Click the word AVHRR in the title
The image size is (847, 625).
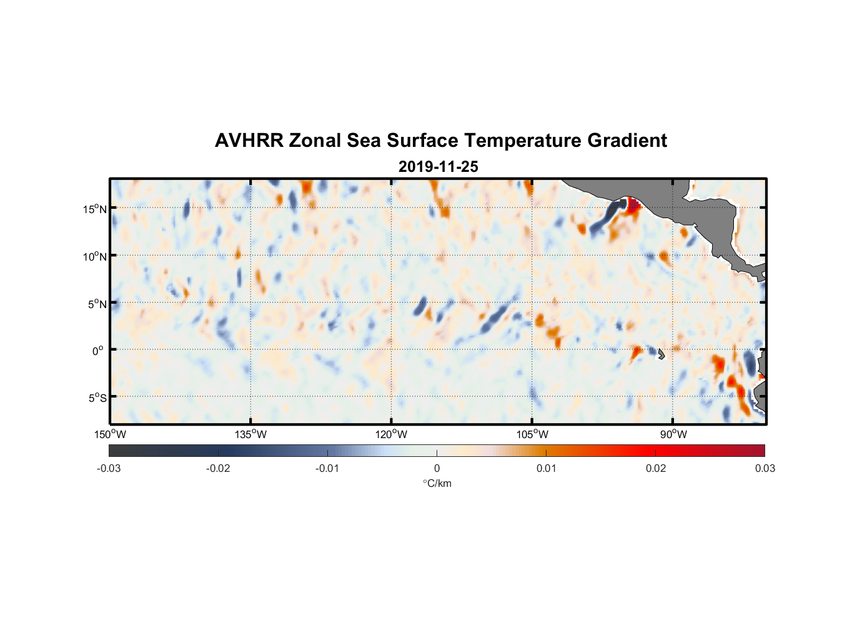[249, 141]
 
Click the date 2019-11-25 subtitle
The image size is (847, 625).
[438, 167]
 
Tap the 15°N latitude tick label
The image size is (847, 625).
[95, 209]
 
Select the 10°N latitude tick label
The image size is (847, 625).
[95, 256]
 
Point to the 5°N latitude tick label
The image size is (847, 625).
[97, 304]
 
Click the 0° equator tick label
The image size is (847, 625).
[98, 351]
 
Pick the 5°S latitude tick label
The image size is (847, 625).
[97, 398]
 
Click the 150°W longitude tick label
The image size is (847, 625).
[110, 434]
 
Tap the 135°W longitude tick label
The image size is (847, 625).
[250, 434]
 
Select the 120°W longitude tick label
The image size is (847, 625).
[391, 434]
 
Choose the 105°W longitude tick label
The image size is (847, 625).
[532, 434]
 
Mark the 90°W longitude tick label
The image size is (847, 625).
[673, 434]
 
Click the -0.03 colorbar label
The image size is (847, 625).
[109, 469]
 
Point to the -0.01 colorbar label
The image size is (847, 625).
[327, 469]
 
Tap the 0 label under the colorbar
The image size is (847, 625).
[437, 469]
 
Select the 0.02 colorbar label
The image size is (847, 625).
[656, 469]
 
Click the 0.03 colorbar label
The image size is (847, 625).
[765, 469]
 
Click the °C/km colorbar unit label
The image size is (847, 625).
[437, 484]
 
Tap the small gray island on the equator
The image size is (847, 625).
[661, 354]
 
